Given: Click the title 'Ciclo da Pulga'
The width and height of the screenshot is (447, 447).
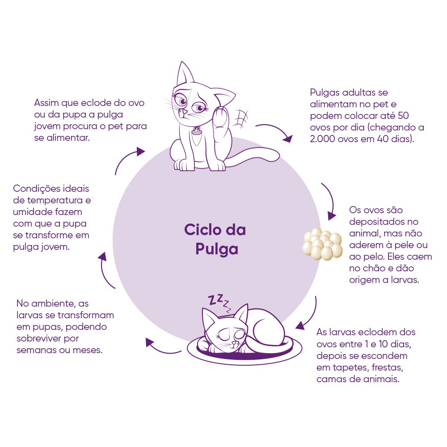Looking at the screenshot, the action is click(215, 239).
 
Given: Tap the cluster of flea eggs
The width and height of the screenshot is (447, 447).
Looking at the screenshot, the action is click(322, 244).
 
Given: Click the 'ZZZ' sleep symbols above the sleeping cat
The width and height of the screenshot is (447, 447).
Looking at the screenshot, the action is click(219, 303).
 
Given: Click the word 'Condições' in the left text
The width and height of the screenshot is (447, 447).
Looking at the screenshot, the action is click(37, 189).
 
